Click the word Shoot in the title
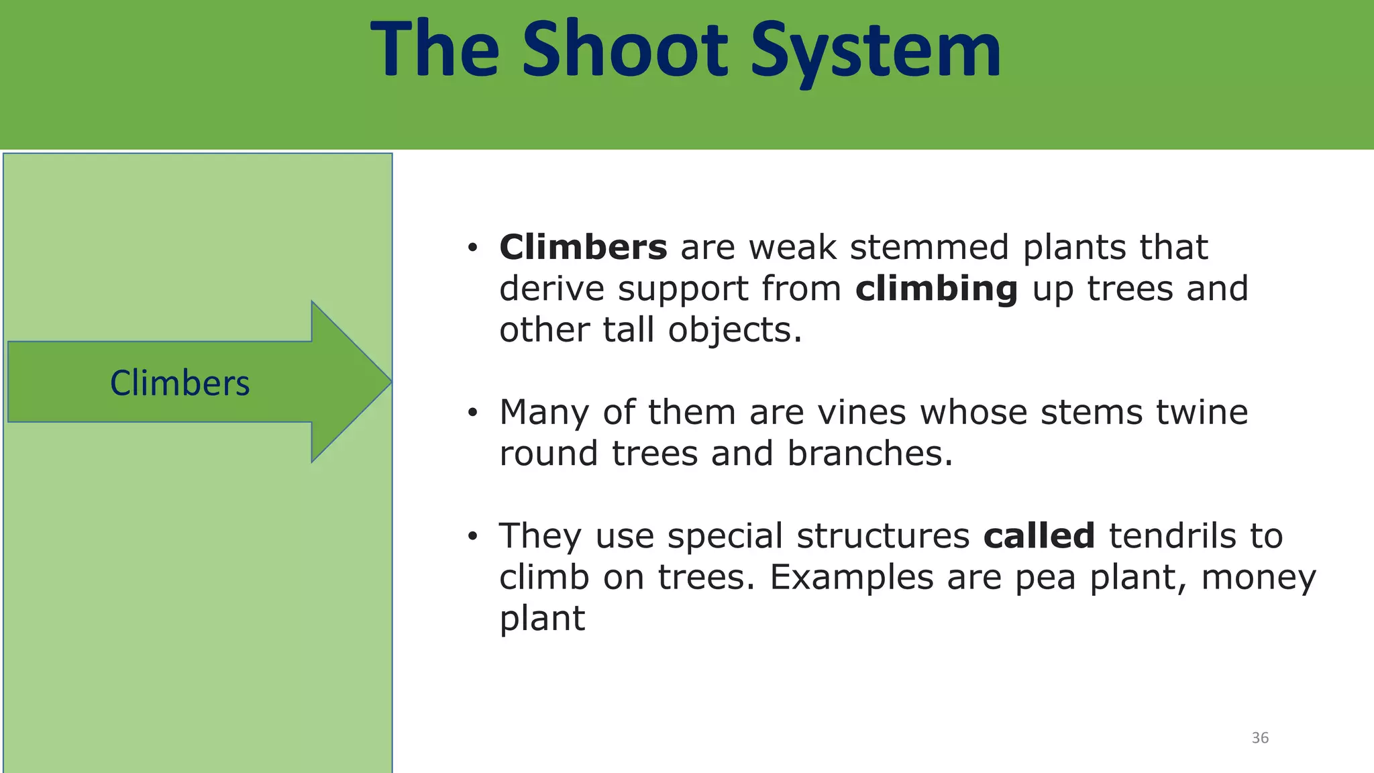pos(624,50)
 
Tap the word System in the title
pos(875,50)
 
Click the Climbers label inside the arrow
pos(180,383)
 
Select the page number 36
pos(1260,738)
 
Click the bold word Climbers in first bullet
pos(583,247)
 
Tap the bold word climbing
pos(937,289)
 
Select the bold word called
pos(1039,536)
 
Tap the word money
pos(1259,578)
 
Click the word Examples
pos(851,578)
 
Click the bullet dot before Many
pos(472,413)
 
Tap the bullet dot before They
pos(472,537)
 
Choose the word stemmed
pos(929,247)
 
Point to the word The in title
pos(435,50)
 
